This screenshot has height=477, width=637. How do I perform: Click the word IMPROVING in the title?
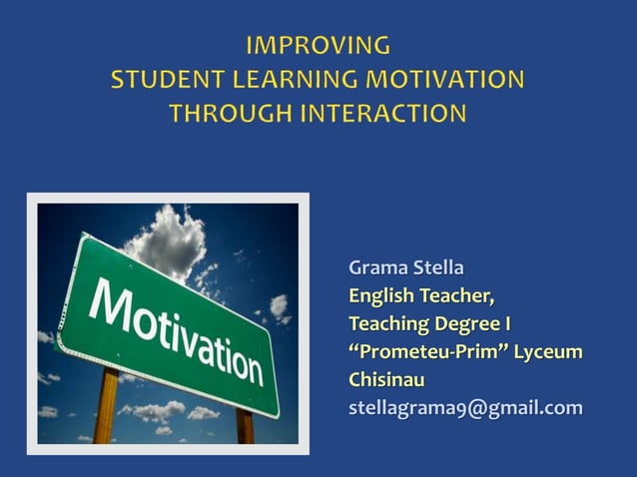click(x=318, y=45)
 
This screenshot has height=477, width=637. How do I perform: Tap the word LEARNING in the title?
click(x=283, y=80)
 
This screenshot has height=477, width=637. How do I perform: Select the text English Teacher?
click(x=420, y=296)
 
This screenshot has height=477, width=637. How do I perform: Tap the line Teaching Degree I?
click(x=429, y=324)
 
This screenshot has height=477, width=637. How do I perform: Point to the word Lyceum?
click(x=548, y=352)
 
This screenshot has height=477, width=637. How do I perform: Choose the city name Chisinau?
click(x=386, y=380)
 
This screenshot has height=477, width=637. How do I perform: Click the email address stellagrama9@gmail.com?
click(x=464, y=408)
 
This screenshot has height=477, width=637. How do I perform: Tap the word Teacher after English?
click(x=455, y=296)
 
